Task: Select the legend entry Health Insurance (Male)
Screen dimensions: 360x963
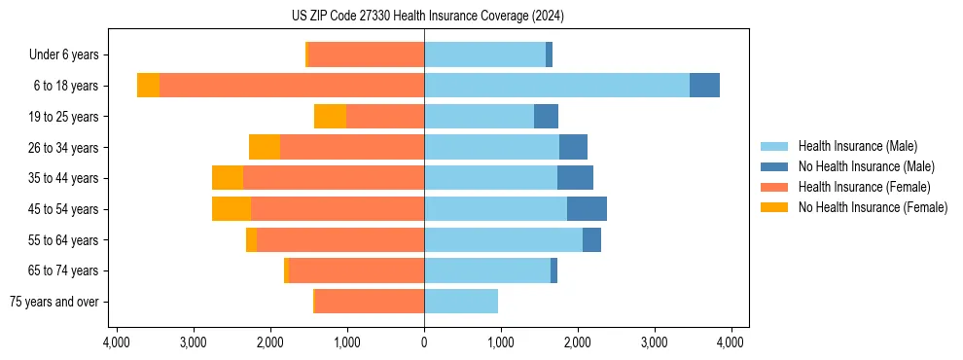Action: pos(857,146)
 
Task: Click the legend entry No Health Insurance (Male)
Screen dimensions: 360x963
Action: pos(866,166)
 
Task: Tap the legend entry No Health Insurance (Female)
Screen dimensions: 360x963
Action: pos(873,207)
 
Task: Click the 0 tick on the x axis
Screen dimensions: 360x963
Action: pos(424,342)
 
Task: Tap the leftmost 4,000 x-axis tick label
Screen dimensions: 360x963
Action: pos(116,342)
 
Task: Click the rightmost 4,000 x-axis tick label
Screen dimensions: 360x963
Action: pos(731,342)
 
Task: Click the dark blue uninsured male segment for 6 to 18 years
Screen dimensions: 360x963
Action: pos(704,86)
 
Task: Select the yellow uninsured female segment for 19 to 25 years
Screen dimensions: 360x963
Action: pos(330,117)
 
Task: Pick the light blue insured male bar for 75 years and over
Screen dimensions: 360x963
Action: pos(461,302)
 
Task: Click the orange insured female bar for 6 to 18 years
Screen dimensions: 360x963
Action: pos(292,86)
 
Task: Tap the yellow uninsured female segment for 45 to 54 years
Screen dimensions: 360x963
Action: pos(232,209)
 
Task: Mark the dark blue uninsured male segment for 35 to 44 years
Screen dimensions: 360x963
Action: pos(575,178)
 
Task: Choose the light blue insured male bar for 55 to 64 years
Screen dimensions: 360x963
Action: pos(503,240)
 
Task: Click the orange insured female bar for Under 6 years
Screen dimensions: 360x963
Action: pos(367,54)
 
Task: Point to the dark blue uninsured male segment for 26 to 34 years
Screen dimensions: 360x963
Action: pos(573,147)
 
